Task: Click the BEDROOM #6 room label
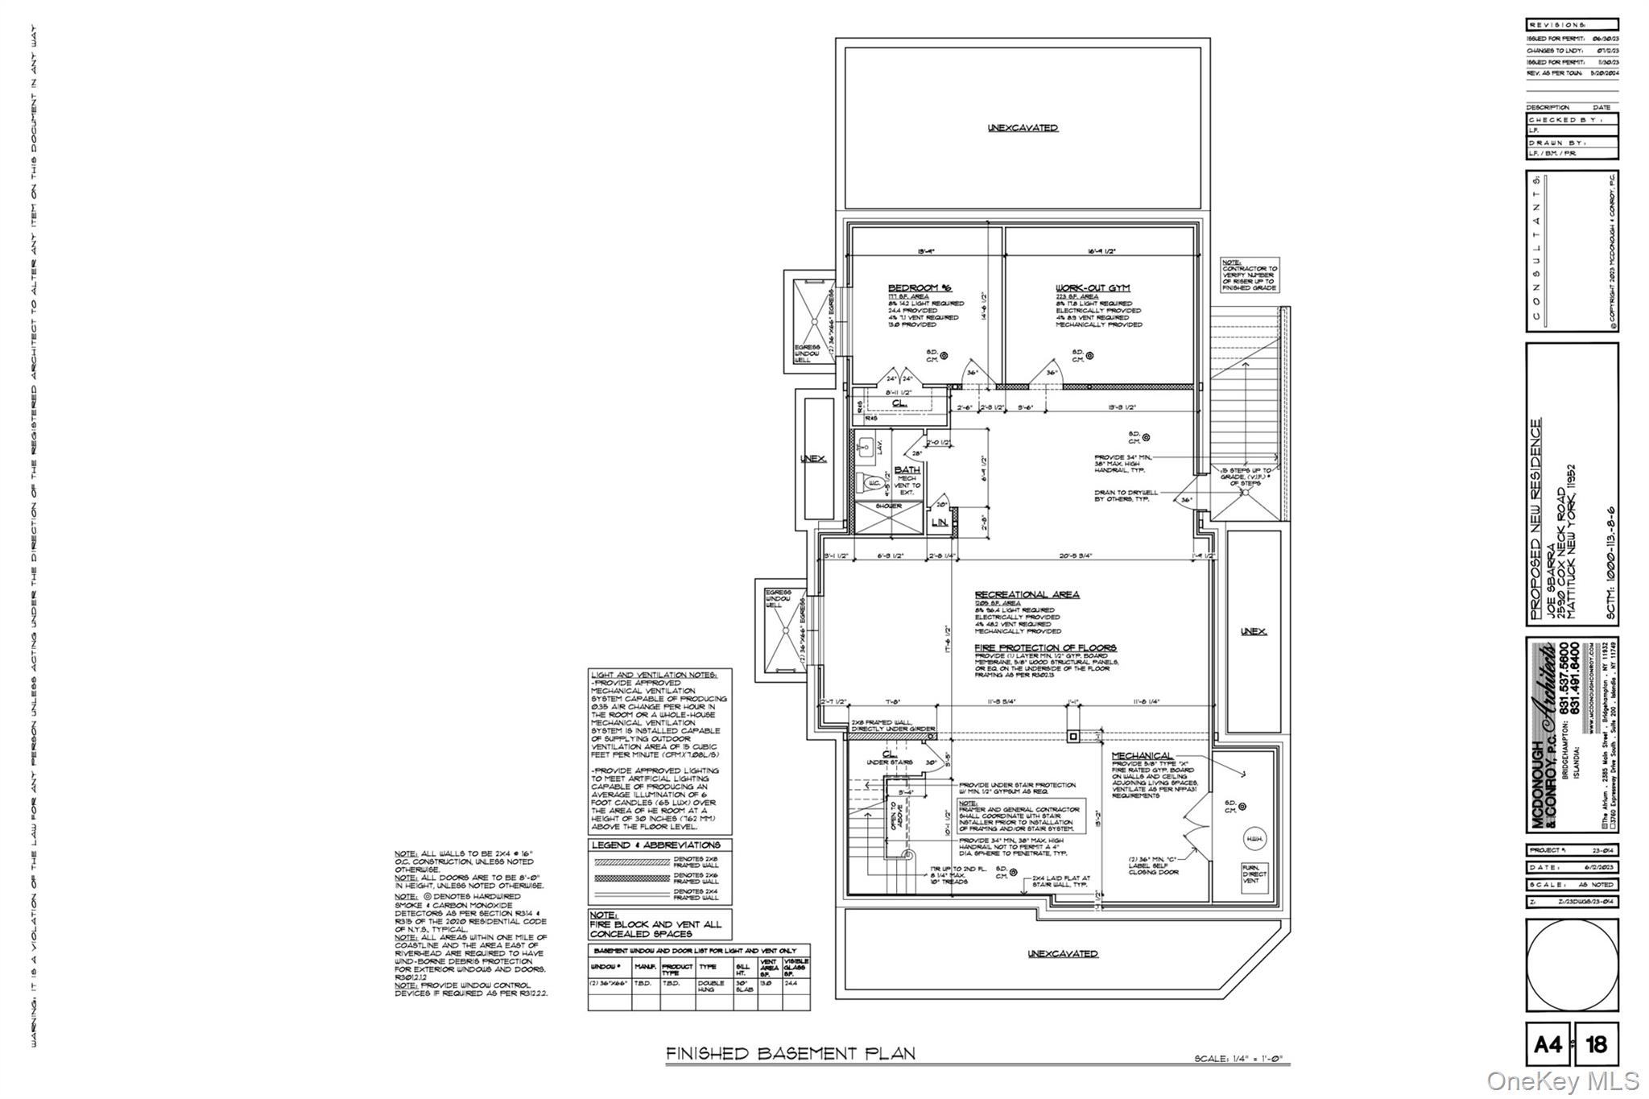pyautogui.click(x=920, y=288)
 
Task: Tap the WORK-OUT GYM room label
pyautogui.click(x=1093, y=288)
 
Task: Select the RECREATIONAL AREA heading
pyautogui.click(x=1027, y=594)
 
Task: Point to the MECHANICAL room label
pyautogui.click(x=1142, y=755)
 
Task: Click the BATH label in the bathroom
pyautogui.click(x=907, y=469)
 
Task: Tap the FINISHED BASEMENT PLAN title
pyautogui.click(x=790, y=1053)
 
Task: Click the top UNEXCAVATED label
pyautogui.click(x=1023, y=128)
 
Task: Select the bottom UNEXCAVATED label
pyautogui.click(x=1062, y=953)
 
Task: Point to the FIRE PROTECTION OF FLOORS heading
pyautogui.click(x=1045, y=647)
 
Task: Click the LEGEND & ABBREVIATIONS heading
pyautogui.click(x=656, y=845)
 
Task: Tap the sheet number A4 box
pyautogui.click(x=1547, y=1045)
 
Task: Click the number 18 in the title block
pyautogui.click(x=1596, y=1045)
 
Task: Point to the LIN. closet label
pyautogui.click(x=939, y=523)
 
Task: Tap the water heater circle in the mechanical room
pyautogui.click(x=1254, y=839)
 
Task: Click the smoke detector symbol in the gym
pyautogui.click(x=1089, y=355)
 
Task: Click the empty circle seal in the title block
pyautogui.click(x=1572, y=965)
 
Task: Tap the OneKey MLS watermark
pyautogui.click(x=1562, y=1080)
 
